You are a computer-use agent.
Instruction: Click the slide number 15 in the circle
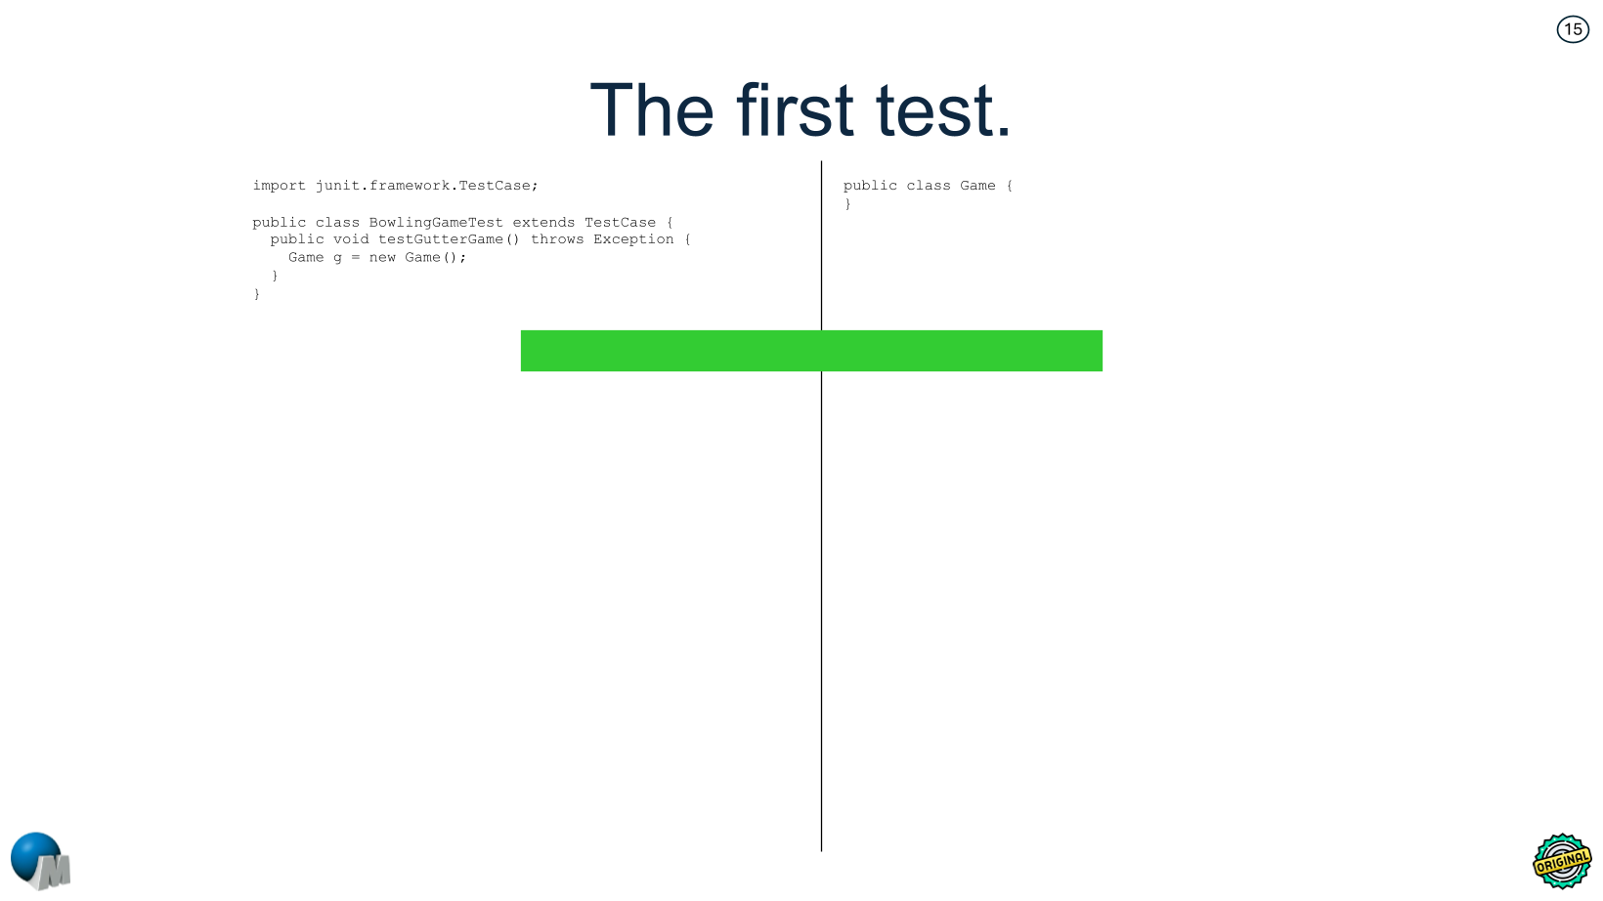point(1573,29)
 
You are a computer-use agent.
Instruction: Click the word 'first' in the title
point(796,110)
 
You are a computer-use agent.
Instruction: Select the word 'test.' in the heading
point(943,110)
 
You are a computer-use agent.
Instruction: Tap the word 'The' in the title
point(652,110)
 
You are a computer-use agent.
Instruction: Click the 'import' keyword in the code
point(279,186)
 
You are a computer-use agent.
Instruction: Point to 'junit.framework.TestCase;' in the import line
point(426,186)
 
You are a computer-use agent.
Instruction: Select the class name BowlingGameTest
point(436,223)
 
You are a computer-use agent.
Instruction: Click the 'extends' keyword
point(543,223)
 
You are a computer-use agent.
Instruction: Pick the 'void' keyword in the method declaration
point(351,239)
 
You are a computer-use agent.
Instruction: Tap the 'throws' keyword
point(557,239)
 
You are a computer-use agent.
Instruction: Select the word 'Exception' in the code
point(633,239)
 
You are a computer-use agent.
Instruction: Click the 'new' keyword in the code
point(382,258)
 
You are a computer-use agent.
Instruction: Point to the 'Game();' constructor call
point(435,258)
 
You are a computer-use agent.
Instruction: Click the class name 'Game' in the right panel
point(977,186)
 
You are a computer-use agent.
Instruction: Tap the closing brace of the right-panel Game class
point(847,204)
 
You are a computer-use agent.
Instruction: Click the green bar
point(811,351)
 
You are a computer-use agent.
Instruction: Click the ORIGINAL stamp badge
point(1561,861)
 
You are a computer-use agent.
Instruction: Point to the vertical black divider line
point(821,586)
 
